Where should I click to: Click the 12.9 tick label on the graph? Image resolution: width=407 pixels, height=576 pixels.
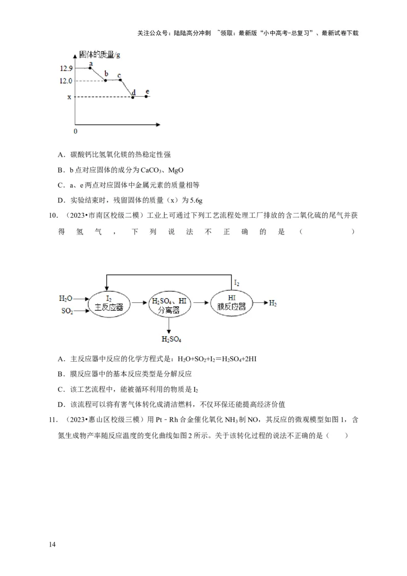click(66, 68)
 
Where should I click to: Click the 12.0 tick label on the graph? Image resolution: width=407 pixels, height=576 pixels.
click(66, 81)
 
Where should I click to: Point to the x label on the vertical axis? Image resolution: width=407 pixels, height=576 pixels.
click(69, 97)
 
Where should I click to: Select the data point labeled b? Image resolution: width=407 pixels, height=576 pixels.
click(106, 80)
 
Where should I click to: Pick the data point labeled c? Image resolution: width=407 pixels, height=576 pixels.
click(120, 80)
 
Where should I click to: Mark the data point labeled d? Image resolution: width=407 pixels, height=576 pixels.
click(133, 97)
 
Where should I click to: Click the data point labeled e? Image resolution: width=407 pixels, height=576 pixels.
click(147, 97)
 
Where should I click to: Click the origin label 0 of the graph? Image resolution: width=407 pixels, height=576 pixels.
click(76, 131)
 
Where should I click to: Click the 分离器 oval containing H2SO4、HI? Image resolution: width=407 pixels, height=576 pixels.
click(169, 304)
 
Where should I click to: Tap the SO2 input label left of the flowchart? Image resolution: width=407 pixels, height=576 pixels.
click(67, 311)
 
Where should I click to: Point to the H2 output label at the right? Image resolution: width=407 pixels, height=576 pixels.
click(273, 303)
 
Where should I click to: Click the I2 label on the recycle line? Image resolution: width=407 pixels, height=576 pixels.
click(237, 283)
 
